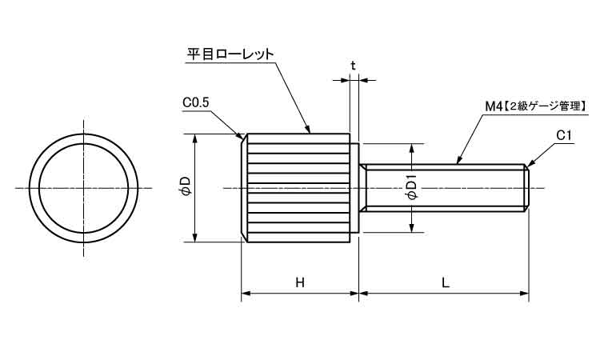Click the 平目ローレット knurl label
(230, 54)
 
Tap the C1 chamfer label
(564, 136)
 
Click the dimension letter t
(353, 65)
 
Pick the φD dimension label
(185, 187)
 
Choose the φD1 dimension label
(412, 188)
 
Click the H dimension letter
(299, 282)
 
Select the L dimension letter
(445, 282)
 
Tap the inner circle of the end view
(84, 188)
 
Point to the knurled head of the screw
(296, 187)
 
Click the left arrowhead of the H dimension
(245, 294)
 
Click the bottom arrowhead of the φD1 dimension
(412, 228)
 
